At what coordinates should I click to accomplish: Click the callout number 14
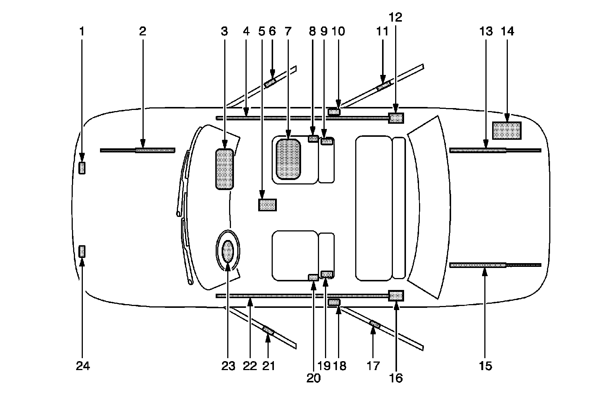coord(508,32)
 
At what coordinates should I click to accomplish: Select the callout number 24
coord(83,366)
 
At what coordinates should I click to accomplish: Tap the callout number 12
coord(396,17)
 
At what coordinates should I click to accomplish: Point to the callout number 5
coord(262,32)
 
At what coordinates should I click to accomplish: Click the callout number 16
coord(396,378)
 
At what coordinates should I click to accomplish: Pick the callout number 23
coord(228,366)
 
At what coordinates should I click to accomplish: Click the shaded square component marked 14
coord(507,130)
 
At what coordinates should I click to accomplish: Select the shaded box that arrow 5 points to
coord(267,205)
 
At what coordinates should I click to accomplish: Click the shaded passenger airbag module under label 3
coord(225,169)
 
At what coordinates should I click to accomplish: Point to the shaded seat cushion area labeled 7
coord(288,159)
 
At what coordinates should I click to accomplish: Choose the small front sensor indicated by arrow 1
coord(82,168)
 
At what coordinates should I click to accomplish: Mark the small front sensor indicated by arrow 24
coord(82,252)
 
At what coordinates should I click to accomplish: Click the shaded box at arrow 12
coord(396,118)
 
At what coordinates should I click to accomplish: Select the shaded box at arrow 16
coord(396,295)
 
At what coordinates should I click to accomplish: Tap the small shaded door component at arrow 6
coord(270,83)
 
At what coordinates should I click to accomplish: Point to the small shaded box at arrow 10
coord(334,111)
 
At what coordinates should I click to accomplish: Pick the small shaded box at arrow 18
coord(334,302)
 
